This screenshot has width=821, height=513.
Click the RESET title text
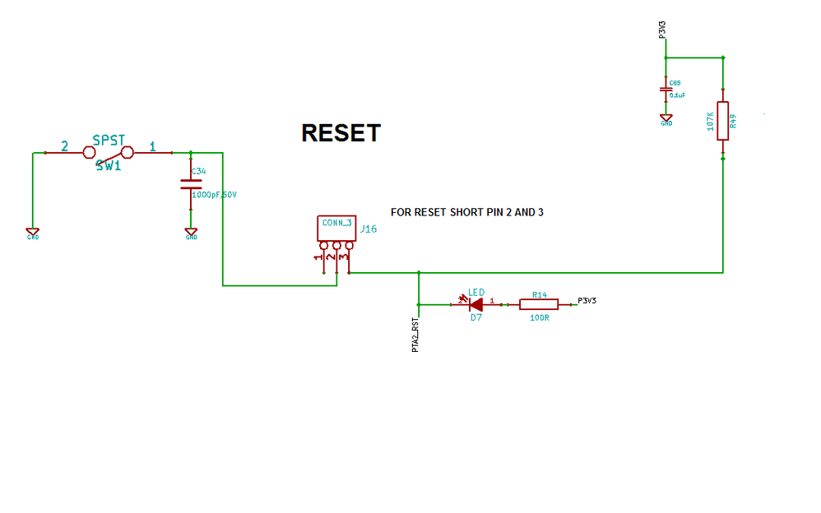click(x=341, y=133)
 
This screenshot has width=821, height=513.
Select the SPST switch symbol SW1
click(x=108, y=152)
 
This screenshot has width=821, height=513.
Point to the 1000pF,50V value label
click(x=214, y=195)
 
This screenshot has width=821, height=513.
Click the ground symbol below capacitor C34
click(x=191, y=233)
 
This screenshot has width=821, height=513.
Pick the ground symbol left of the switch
click(x=32, y=233)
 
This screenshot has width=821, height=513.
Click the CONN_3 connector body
click(x=336, y=228)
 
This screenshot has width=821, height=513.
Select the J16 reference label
click(x=369, y=229)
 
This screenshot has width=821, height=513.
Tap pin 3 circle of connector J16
click(x=349, y=245)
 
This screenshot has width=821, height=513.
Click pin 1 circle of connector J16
click(x=324, y=245)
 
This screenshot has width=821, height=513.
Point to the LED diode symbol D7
click(x=474, y=304)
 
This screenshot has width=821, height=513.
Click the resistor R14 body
click(x=539, y=304)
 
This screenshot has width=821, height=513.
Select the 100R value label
click(x=539, y=317)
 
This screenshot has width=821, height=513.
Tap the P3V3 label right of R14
click(x=587, y=301)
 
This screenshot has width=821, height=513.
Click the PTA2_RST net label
click(x=416, y=335)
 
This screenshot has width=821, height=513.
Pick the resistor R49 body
click(x=722, y=121)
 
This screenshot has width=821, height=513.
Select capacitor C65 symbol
click(x=665, y=89)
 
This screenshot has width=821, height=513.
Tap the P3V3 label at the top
click(x=662, y=30)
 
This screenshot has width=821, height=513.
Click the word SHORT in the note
click(x=469, y=212)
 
